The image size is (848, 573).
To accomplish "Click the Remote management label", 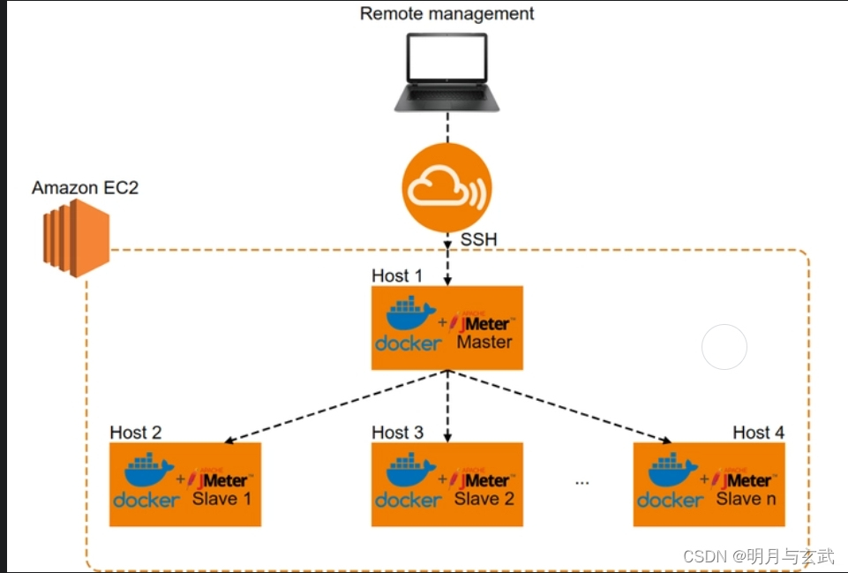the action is pos(447,13).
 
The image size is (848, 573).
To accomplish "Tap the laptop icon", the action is pos(447,72).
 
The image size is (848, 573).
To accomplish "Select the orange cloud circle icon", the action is pos(447,188).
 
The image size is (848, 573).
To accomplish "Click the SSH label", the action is pos(478,239).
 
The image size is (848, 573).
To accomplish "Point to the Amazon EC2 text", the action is pos(85,188).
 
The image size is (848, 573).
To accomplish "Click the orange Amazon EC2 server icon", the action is pos(76,238).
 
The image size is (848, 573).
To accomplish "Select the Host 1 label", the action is pos(397,276).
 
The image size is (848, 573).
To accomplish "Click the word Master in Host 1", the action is pos(484,342).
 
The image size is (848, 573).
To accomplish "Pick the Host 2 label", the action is pos(136,433).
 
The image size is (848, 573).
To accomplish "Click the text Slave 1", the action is pos(221,498).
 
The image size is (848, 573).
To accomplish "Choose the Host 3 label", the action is pos(397,433).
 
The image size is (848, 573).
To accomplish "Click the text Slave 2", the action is pos(484,498).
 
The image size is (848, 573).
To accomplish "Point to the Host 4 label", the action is pos(758,433).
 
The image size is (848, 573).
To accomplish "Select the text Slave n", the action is pos(746,498).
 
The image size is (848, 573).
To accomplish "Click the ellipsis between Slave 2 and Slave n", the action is pos(582,483).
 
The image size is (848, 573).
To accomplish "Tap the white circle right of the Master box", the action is pos(724,347).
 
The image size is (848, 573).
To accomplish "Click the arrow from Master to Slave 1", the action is pos(335,406).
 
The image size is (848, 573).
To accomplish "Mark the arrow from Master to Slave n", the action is pos(559,406).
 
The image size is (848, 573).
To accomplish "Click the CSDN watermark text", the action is pos(759,555).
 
